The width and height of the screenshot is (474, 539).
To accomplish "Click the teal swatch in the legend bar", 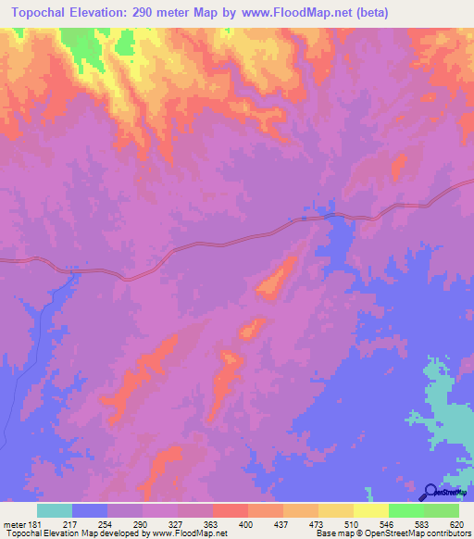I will click(x=55, y=510).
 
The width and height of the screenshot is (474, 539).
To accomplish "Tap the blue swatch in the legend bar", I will click(x=90, y=510).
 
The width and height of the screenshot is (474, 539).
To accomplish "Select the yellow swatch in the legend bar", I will click(x=371, y=510).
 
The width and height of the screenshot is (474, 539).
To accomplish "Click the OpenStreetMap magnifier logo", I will click(x=430, y=492).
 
